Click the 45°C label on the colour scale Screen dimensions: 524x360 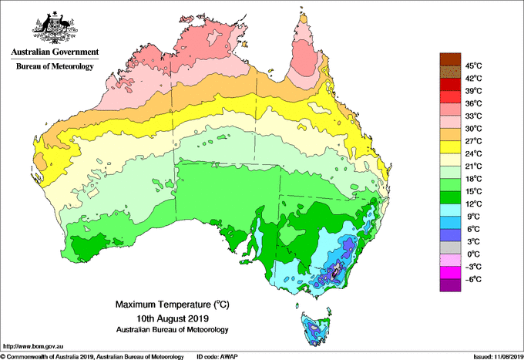(x=474, y=66)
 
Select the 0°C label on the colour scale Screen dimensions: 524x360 (x=474, y=254)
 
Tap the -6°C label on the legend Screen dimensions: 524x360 (x=474, y=279)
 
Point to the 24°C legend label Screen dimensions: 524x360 (x=474, y=153)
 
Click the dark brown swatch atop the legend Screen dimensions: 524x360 (x=450, y=59)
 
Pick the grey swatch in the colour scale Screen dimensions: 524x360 (x=450, y=247)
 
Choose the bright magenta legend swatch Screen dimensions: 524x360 (x=450, y=273)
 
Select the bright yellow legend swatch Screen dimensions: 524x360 (x=450, y=147)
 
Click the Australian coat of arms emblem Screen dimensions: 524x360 (x=55, y=28)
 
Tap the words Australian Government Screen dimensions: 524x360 (x=55, y=52)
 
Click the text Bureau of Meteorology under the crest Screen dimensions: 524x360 (x=55, y=66)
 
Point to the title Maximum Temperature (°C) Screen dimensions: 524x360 (x=173, y=304)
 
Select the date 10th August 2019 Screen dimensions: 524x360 (x=173, y=318)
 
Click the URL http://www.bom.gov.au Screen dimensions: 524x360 (x=33, y=347)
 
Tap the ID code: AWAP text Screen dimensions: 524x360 (x=217, y=357)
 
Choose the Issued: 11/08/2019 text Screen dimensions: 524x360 (x=498, y=357)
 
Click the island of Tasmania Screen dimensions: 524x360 (x=316, y=328)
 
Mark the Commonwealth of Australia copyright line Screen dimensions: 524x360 (x=92, y=357)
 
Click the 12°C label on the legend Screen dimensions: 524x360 (x=474, y=204)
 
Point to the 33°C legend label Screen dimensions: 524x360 (x=474, y=116)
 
